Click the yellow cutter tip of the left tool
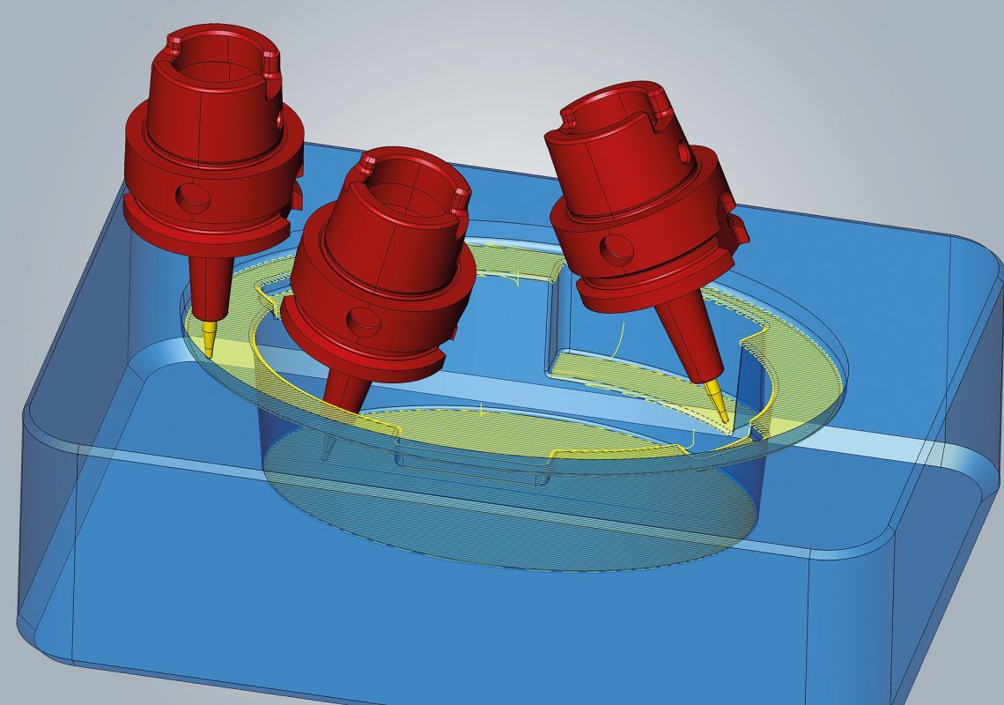209,339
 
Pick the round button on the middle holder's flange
358,318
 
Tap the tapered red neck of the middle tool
347,388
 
